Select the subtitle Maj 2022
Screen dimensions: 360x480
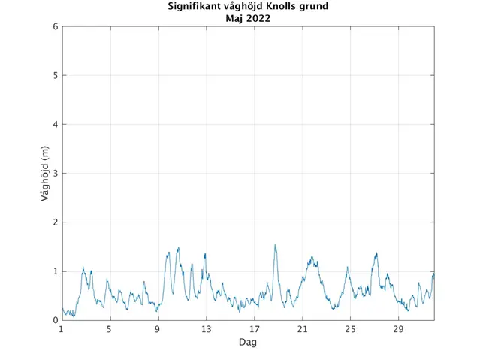(x=248, y=18)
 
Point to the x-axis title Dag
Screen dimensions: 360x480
(x=248, y=342)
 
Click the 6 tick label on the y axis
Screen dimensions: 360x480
(x=55, y=26)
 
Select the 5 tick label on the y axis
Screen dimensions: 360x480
(x=55, y=75)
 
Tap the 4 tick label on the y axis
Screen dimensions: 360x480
(x=55, y=124)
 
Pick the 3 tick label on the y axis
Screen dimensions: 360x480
(x=55, y=174)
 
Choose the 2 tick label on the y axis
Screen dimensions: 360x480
(x=55, y=222)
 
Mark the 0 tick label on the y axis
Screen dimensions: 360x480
(x=55, y=320)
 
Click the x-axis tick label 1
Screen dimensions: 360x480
(x=62, y=330)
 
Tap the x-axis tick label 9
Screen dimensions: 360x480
(x=158, y=330)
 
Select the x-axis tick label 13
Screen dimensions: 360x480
(x=207, y=330)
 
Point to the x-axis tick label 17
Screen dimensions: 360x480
(x=255, y=330)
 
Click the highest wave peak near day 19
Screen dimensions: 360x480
(x=275, y=244)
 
